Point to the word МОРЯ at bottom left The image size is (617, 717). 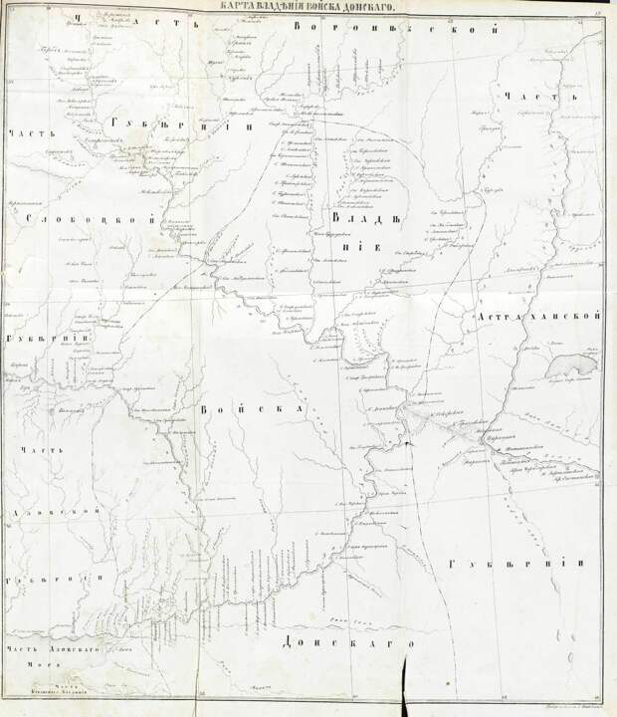(39, 668)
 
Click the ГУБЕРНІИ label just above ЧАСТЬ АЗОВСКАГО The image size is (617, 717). (47, 580)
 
